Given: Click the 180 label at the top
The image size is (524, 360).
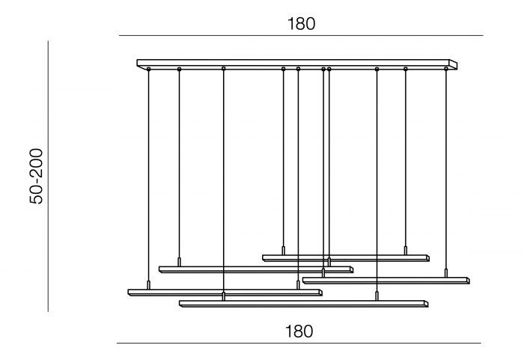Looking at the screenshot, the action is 302,23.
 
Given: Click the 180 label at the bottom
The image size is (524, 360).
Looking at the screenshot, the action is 299,330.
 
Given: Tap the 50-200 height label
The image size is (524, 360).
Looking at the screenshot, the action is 37,176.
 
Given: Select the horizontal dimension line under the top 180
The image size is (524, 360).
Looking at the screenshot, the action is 299,36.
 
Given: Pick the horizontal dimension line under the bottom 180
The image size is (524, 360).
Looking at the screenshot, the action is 299,344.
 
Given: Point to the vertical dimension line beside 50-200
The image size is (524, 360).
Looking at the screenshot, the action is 49,176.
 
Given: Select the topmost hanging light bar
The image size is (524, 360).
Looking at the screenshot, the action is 345,257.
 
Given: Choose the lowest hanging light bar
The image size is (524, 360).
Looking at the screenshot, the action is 303,304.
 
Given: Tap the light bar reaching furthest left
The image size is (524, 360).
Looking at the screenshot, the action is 225,292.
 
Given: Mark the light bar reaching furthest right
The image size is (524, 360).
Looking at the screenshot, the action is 386,281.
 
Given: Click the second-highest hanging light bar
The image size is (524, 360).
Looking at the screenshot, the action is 255,269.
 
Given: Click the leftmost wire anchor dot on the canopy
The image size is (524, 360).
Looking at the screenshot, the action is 149,70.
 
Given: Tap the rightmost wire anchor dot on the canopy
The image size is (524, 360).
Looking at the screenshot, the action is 446,69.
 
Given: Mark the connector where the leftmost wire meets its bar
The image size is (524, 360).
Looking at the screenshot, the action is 149,285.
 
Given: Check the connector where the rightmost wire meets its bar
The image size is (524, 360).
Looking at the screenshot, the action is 446,273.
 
